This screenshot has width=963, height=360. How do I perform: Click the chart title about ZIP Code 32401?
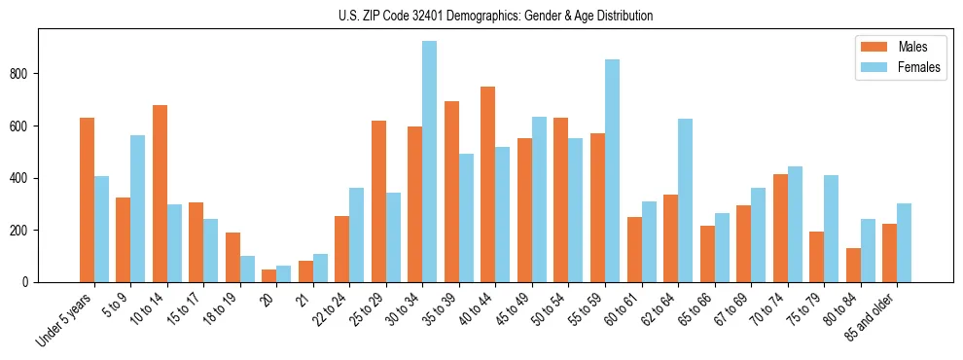(x=481, y=16)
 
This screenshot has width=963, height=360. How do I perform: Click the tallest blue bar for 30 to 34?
(x=429, y=162)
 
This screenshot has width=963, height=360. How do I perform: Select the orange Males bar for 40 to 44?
(x=487, y=185)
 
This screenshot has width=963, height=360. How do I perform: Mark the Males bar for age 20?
(x=268, y=275)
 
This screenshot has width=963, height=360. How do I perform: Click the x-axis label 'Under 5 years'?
(x=65, y=319)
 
